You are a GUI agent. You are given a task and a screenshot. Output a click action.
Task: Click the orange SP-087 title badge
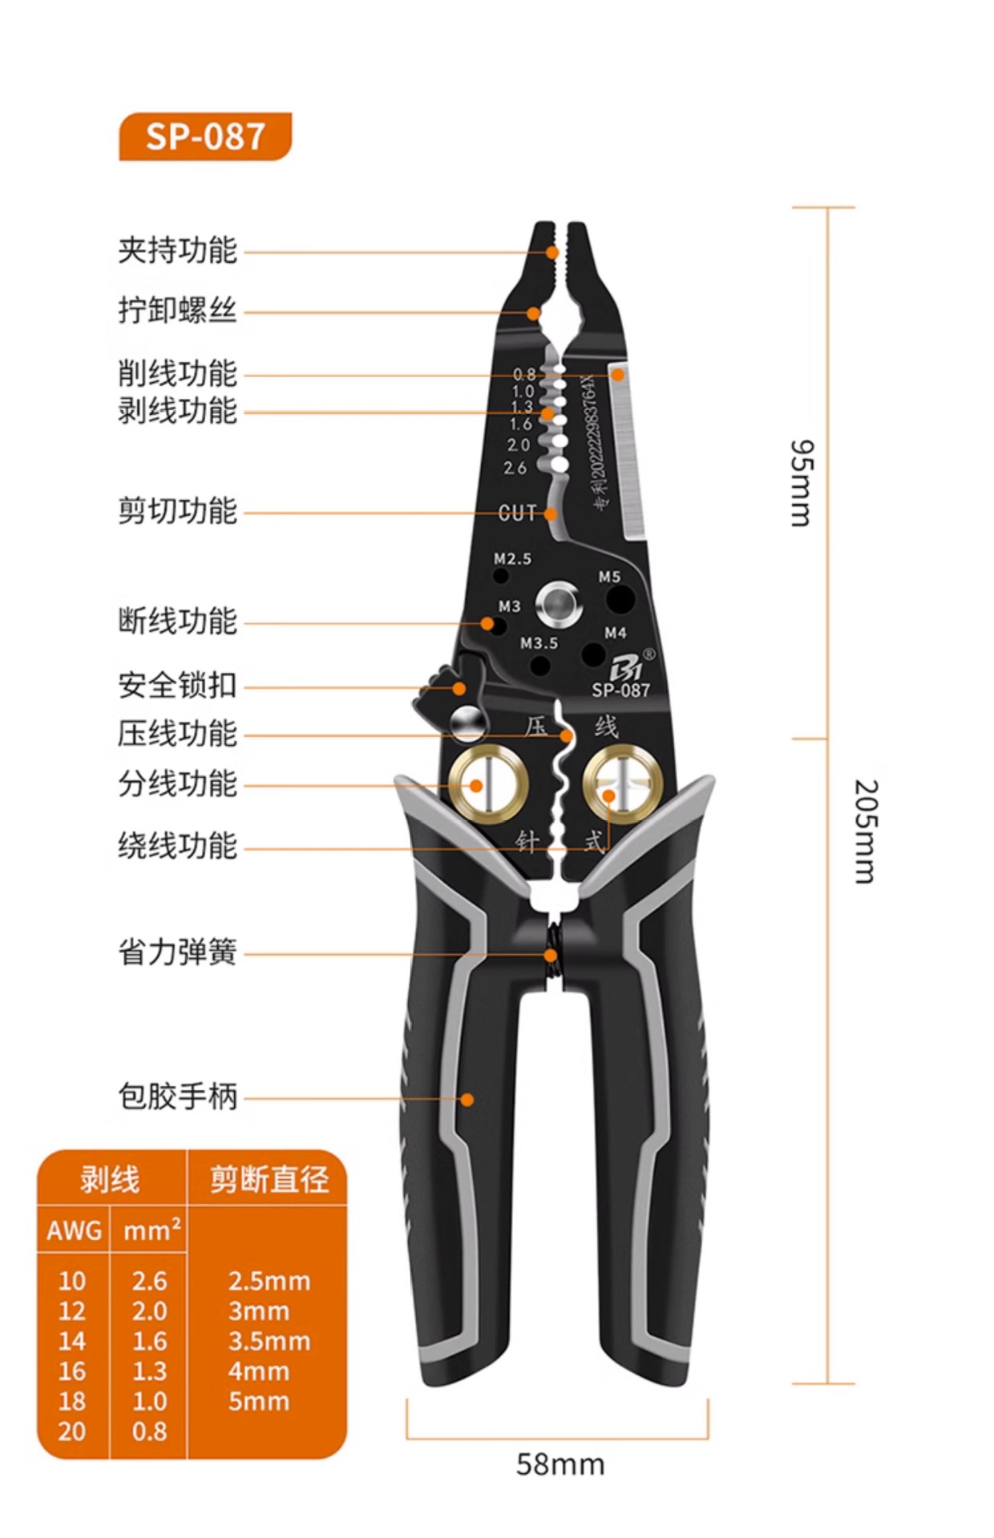pos(205,136)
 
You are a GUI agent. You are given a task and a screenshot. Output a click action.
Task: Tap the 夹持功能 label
pos(177,250)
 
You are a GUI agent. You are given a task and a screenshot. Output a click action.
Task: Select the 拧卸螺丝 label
pos(177,310)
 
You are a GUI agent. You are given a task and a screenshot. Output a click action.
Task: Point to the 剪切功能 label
pos(177,510)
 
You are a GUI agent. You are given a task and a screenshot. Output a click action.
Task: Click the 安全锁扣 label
pos(177,686)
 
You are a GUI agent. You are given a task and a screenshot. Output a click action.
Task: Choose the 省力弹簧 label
pos(177,952)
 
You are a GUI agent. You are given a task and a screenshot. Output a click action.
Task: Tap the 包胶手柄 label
pos(177,1096)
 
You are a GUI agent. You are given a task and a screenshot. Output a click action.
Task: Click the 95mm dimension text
pos(802,482)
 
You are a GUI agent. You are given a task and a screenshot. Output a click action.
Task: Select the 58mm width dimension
pos(560,1464)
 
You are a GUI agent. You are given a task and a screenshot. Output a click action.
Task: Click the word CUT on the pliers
pos(517,513)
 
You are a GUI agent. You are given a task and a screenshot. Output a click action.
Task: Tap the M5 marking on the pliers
pos(609,577)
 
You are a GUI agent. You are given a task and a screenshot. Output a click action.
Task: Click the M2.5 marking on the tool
pos(512,558)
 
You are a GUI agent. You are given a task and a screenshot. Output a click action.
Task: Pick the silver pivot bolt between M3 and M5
pos(559,604)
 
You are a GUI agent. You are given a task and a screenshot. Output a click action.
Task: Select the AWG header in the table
pos(74,1230)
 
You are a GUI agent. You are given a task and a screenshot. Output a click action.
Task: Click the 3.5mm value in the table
pos(269,1341)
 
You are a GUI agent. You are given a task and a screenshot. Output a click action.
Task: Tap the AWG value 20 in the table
pos(72,1431)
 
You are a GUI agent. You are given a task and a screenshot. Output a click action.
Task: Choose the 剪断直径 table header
pos(269,1179)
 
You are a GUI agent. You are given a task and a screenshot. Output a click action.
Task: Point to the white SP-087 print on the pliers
pos(620,689)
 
